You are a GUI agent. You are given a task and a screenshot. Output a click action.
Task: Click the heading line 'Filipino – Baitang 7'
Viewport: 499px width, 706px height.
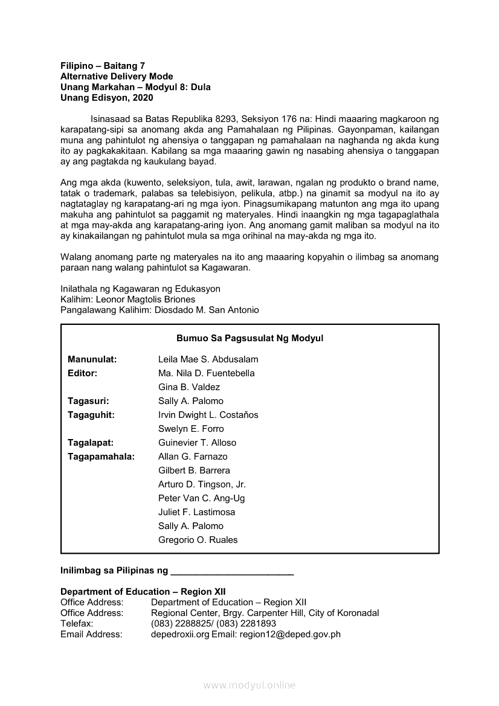coord(103,66)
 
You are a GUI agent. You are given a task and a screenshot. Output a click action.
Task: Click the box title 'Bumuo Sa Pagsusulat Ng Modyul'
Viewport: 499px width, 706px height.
coord(249,338)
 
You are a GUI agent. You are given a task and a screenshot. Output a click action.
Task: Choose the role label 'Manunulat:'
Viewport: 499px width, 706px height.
coord(92,359)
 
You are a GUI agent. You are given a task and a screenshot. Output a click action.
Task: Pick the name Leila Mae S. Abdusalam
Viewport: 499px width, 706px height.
coord(208,359)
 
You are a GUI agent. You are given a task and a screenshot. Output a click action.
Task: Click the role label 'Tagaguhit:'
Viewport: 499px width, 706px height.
coord(91,415)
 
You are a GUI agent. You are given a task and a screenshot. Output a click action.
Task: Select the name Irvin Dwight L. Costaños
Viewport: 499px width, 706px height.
coord(208,415)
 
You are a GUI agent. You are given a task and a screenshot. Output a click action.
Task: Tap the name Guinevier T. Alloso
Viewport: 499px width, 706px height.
coord(197,443)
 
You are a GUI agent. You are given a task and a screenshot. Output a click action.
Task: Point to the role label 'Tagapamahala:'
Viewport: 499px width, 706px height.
coord(101,457)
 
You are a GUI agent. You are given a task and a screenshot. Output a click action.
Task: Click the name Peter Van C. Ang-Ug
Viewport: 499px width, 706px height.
coord(201,498)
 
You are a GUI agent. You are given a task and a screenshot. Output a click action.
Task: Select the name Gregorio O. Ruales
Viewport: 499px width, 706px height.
coord(198,540)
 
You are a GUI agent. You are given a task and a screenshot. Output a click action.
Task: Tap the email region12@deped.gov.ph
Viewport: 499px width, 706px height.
coord(290,634)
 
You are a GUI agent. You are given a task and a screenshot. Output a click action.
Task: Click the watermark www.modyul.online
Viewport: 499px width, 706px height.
coord(249,685)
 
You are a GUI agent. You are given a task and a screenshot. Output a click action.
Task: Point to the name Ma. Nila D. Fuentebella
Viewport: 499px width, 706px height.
coord(206,373)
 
